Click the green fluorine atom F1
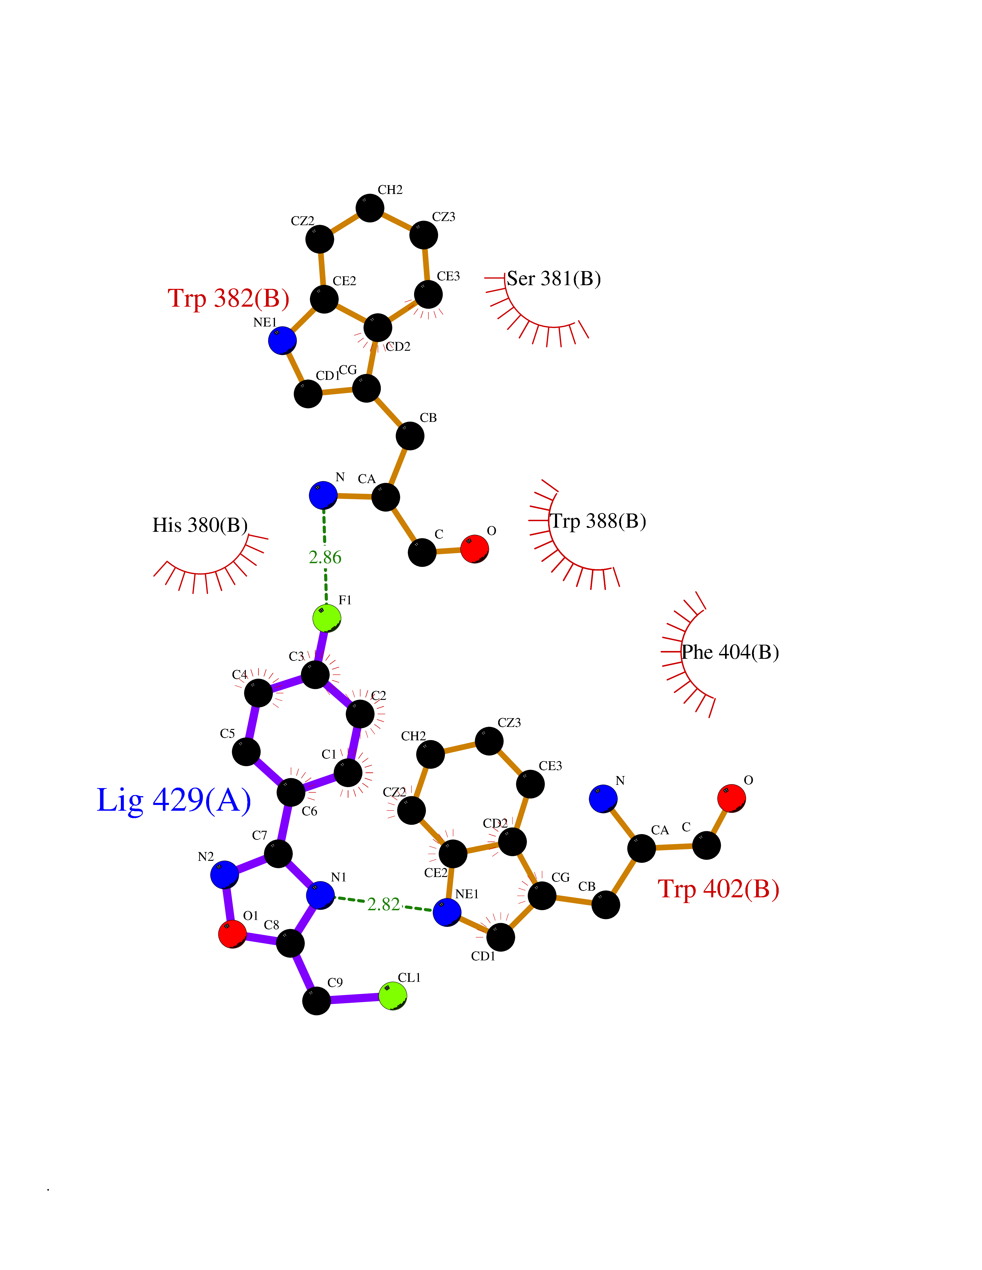click(x=326, y=618)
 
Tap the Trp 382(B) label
click(x=229, y=298)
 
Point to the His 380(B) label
click(x=200, y=525)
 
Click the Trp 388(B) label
click(x=598, y=521)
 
